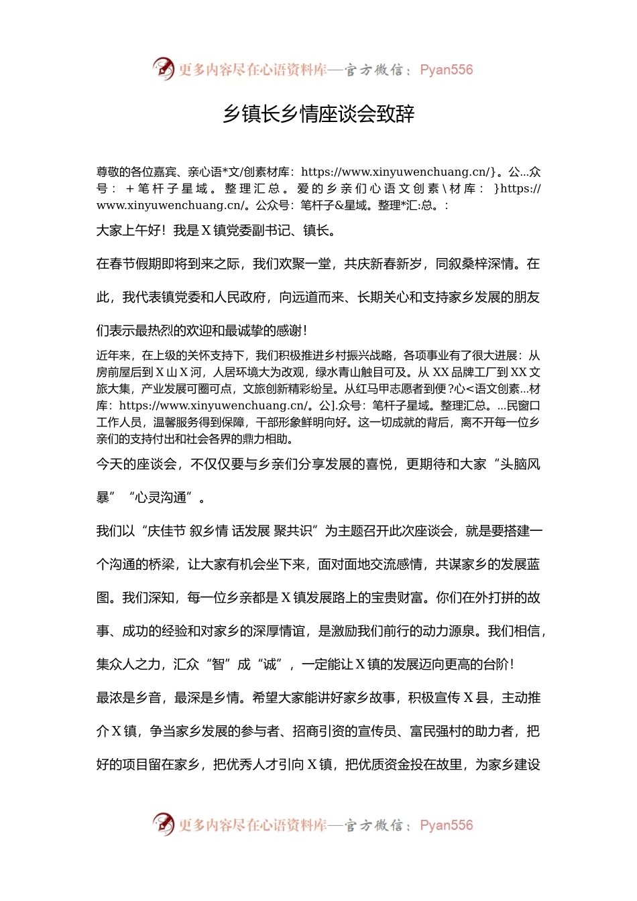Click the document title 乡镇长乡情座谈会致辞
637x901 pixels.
318,115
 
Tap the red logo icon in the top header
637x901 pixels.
163,69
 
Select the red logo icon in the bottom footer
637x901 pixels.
163,824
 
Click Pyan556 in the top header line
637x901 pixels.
446,70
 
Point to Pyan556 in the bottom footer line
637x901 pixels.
446,825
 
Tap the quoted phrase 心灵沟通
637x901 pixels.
160,497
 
